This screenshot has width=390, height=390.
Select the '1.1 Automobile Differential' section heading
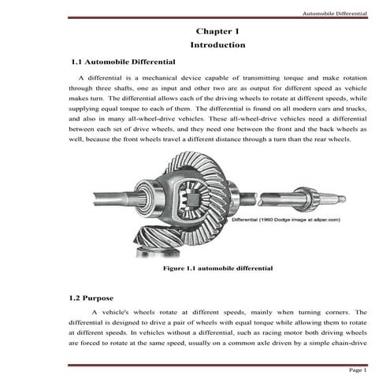123,61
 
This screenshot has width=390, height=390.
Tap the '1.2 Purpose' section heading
92,299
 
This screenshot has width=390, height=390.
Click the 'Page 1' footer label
358,370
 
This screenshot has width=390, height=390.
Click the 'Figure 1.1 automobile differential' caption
217,269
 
